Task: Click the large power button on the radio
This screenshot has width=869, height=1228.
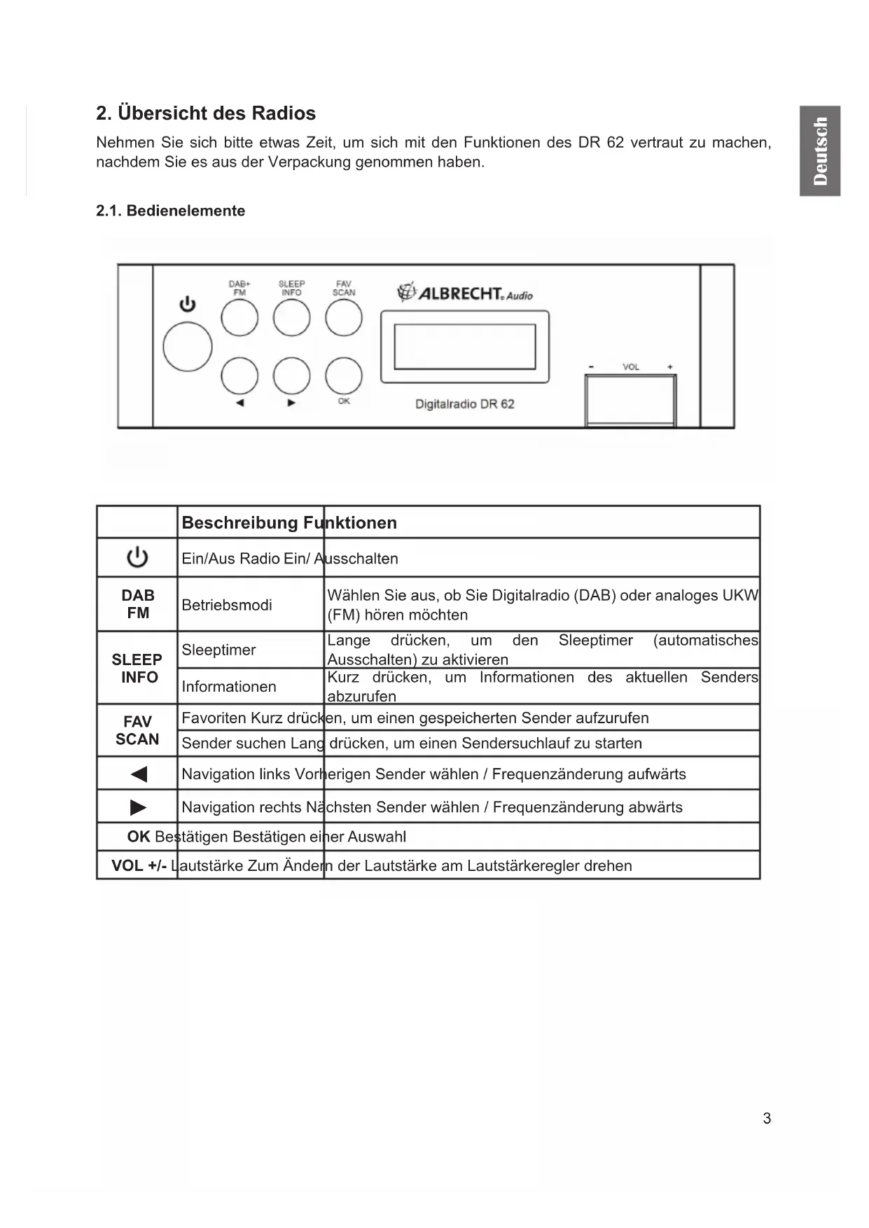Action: point(188,347)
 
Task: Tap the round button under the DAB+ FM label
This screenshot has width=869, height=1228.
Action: point(239,318)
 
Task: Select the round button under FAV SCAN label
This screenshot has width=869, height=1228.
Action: point(344,318)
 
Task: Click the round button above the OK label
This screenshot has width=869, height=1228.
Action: point(344,375)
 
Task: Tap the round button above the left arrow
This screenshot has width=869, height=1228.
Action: point(239,375)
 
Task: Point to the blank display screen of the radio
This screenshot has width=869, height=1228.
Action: point(465,347)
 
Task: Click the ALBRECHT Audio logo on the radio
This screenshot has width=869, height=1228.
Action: point(465,293)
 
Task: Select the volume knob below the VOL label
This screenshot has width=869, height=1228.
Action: point(630,400)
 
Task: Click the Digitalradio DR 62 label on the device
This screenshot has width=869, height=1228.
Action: point(465,404)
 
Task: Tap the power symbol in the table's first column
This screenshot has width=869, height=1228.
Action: point(137,557)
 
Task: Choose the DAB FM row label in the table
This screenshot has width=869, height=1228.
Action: point(138,603)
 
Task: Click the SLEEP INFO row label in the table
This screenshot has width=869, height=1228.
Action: point(137,668)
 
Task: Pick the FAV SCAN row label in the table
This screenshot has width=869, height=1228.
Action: point(137,730)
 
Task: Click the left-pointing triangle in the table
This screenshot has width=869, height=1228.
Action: point(139,774)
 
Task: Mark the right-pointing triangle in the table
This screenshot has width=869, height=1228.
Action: point(139,807)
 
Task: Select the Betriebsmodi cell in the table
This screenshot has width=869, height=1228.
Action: point(227,605)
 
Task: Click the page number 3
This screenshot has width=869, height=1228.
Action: point(767,1118)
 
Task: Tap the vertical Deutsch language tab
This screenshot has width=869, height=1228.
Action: point(820,151)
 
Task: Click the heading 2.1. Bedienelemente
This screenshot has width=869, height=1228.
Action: point(170,211)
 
